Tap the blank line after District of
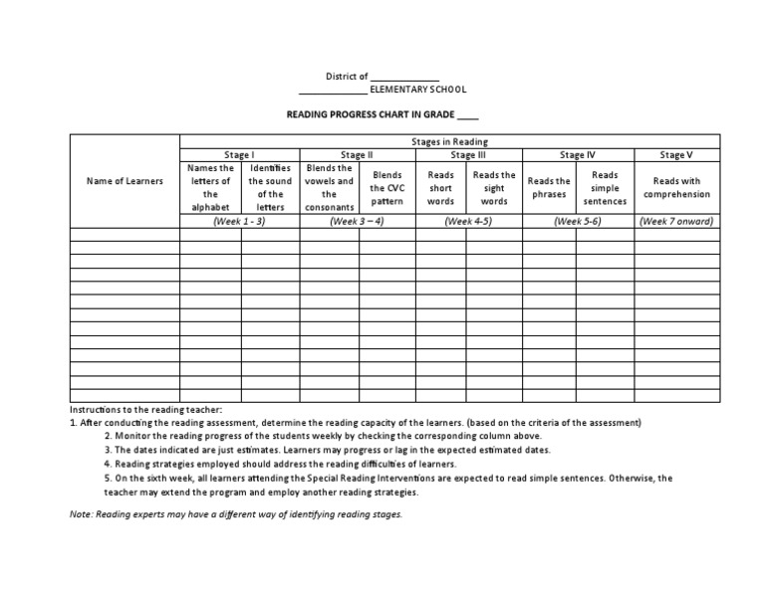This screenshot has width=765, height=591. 404,77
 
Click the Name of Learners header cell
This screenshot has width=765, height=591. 125,181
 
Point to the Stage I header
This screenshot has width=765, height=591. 239,155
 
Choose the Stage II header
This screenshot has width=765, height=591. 357,155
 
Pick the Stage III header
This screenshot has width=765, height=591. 468,155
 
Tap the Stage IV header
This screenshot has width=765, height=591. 578,155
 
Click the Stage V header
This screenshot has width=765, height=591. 676,155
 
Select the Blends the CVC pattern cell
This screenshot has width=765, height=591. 386,188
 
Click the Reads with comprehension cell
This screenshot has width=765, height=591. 676,188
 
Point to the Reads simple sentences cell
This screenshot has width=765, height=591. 605,188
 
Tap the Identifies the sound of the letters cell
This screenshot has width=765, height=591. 270,188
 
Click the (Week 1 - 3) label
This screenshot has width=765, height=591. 239,221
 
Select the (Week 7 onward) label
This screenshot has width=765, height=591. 676,221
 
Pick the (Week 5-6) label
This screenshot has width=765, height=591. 578,221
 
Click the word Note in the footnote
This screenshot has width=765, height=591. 81,514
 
